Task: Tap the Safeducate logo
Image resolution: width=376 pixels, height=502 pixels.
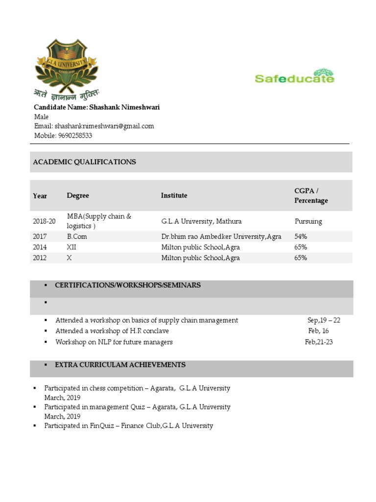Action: pyautogui.click(x=295, y=76)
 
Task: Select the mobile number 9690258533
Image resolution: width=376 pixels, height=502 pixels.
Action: pyautogui.click(x=75, y=135)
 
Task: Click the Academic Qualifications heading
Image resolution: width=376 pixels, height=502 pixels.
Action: pyautogui.click(x=84, y=162)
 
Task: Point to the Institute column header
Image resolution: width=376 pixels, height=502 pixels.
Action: pyautogui.click(x=174, y=196)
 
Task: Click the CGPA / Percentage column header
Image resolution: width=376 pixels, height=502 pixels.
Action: pyautogui.click(x=311, y=196)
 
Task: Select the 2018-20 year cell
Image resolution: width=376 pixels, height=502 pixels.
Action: pyautogui.click(x=44, y=222)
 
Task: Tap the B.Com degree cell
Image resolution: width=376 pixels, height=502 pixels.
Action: pyautogui.click(x=77, y=236)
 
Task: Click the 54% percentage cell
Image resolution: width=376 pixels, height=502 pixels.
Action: pyautogui.click(x=301, y=236)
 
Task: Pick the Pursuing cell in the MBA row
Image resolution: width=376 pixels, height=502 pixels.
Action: pyautogui.click(x=308, y=221)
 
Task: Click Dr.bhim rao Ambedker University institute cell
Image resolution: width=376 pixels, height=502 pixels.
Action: pyautogui.click(x=221, y=236)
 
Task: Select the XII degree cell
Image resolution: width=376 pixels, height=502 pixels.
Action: pyautogui.click(x=71, y=247)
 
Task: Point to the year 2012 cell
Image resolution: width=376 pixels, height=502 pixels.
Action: pyautogui.click(x=40, y=258)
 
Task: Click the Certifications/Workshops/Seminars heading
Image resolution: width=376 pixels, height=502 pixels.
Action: pyautogui.click(x=128, y=285)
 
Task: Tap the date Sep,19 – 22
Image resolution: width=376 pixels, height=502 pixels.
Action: pyautogui.click(x=324, y=320)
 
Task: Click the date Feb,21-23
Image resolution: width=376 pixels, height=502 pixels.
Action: pyautogui.click(x=319, y=342)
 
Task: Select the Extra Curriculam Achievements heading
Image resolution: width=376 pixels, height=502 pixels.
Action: pyautogui.click(x=120, y=365)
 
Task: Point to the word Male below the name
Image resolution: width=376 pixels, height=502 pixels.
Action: pyautogui.click(x=41, y=117)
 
